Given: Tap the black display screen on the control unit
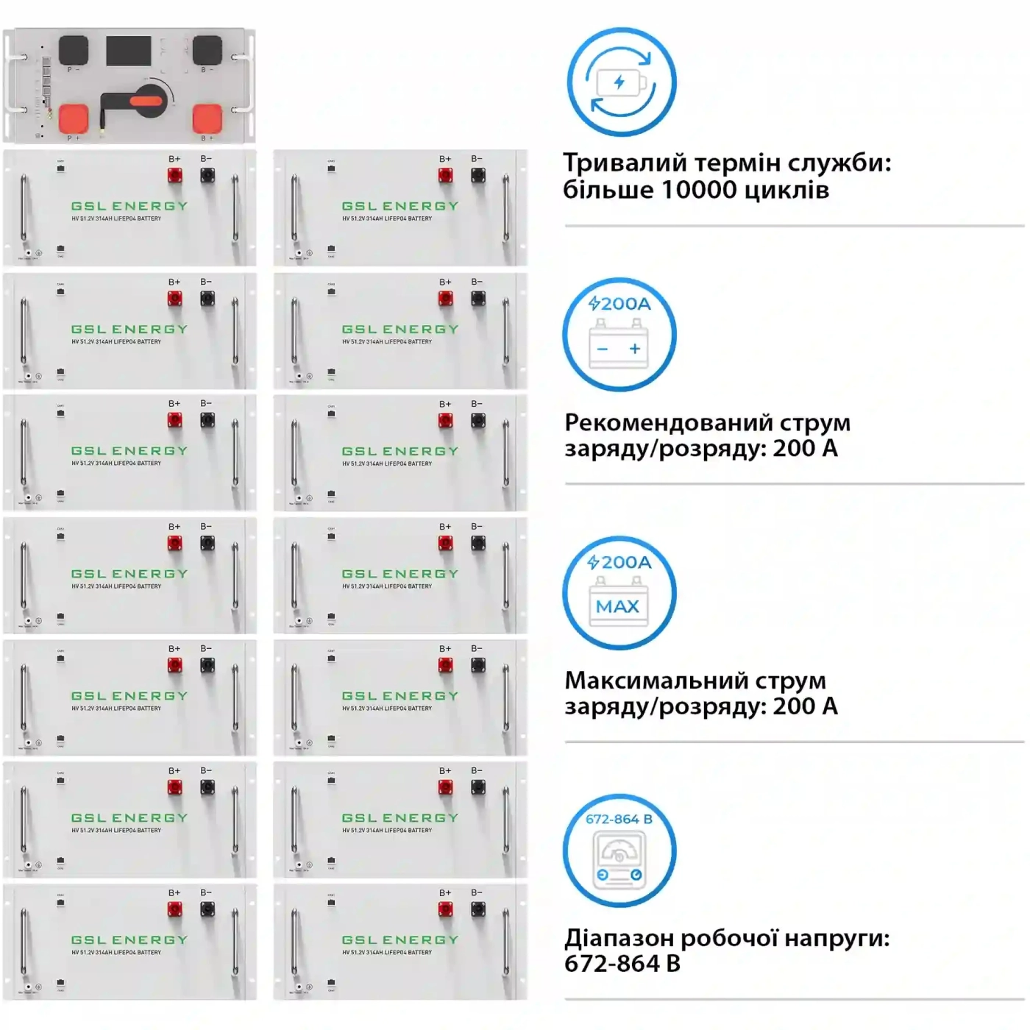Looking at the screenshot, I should [128, 50].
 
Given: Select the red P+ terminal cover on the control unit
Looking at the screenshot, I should [74, 118].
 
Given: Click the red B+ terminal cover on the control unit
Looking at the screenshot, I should [207, 118].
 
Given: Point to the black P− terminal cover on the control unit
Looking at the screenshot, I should [74, 50].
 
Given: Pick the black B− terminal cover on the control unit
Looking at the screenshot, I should [207, 50].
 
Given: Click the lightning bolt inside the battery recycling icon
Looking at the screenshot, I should [619, 82].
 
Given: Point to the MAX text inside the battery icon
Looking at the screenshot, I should [617, 607].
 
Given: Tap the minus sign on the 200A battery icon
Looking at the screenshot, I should [603, 349].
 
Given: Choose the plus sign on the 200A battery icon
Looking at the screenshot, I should [635, 349].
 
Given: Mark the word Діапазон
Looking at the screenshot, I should [617, 939].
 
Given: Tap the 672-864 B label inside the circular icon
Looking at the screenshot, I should [619, 819].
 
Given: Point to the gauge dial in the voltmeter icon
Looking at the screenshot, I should [619, 853].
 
